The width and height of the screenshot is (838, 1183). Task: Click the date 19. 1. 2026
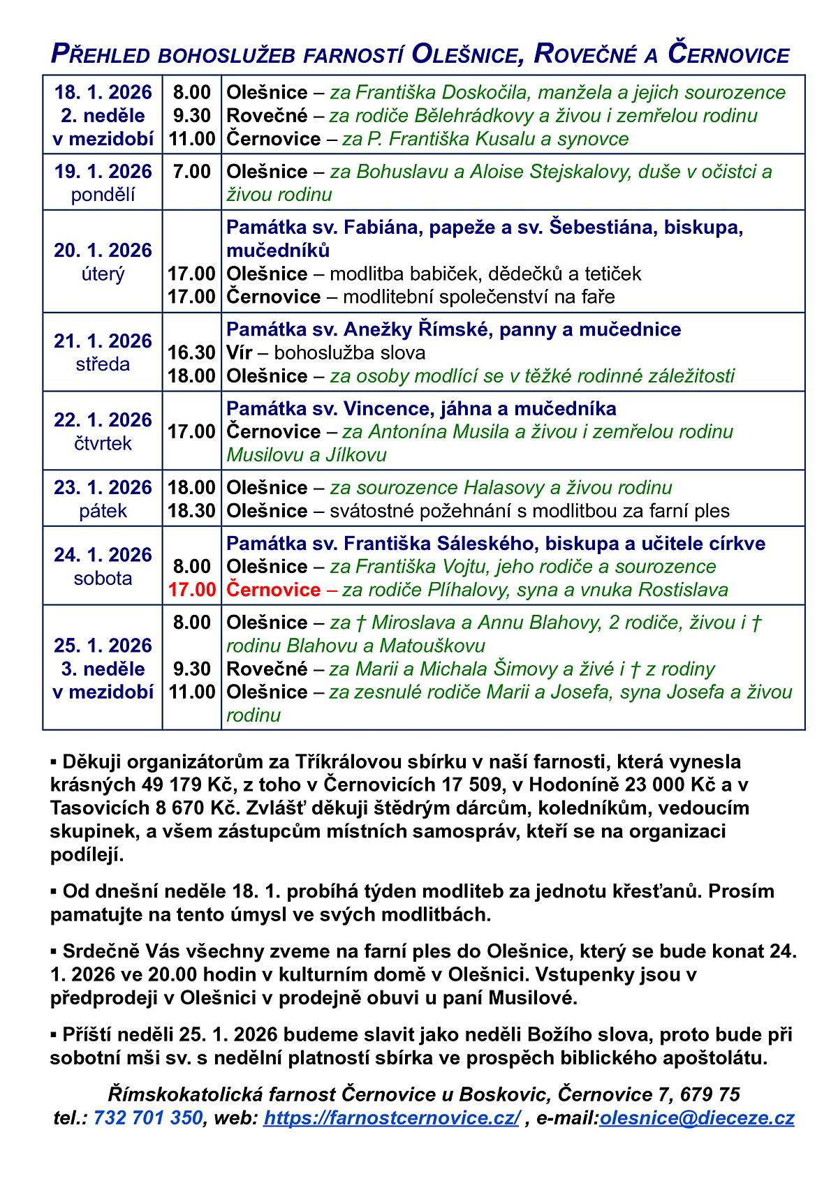[103, 172]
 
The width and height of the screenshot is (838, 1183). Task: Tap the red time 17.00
[192, 590]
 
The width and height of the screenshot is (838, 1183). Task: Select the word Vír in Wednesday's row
[239, 353]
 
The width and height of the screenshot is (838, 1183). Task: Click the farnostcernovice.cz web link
[392, 1117]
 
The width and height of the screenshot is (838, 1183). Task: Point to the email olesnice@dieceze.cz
[697, 1117]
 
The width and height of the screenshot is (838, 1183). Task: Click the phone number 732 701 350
[147, 1117]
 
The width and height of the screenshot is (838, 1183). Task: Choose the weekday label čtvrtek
[103, 444]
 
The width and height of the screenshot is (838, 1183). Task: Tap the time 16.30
[192, 353]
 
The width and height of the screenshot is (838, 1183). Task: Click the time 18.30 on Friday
[192, 511]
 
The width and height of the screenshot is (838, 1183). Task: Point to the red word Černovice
[274, 590]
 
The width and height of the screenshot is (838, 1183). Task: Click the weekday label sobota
[103, 579]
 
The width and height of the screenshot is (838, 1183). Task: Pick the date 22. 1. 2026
[103, 420]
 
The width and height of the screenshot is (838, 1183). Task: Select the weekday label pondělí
[103, 195]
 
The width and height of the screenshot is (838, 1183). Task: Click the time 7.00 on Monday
[192, 172]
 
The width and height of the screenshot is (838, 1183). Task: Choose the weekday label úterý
[103, 274]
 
